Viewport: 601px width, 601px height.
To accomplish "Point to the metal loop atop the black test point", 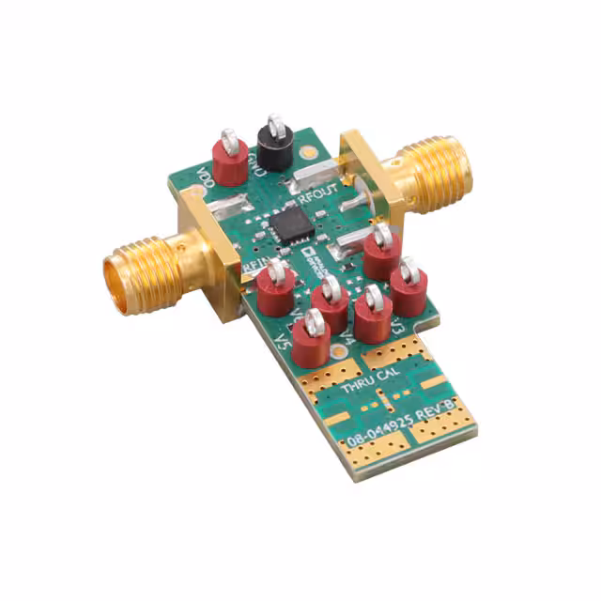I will pyautogui.click(x=275, y=123).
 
